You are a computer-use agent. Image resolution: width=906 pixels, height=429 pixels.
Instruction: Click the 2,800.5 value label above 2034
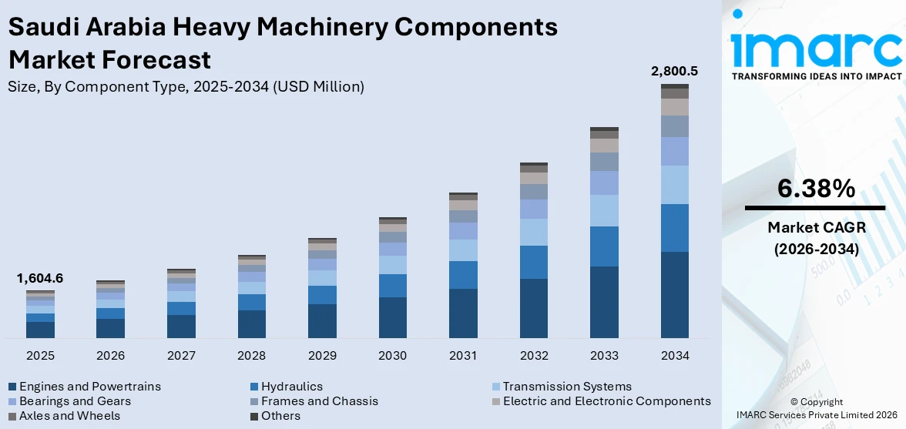(674, 71)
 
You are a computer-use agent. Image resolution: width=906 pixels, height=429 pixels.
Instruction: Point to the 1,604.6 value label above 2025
(40, 278)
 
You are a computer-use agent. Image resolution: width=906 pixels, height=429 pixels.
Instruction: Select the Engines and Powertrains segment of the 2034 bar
(674, 294)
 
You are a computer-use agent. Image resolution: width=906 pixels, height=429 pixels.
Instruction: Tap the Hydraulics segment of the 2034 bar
(674, 227)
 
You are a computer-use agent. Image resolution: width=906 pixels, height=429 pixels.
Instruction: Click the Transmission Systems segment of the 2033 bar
(604, 210)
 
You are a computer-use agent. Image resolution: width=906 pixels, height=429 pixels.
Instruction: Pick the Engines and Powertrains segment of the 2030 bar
(392, 317)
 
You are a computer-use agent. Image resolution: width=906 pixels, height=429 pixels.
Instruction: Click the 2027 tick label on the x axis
(181, 356)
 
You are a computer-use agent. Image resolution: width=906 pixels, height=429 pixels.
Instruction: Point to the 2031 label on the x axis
(463, 356)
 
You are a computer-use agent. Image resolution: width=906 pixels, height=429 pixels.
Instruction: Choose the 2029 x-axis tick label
(322, 356)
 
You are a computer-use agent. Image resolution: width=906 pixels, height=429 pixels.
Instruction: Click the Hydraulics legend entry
(291, 387)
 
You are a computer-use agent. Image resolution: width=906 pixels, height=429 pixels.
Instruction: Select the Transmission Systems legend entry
(566, 387)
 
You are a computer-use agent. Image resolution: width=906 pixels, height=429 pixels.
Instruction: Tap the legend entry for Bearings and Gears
(75, 401)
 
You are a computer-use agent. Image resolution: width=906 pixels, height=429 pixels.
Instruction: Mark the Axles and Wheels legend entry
(69, 416)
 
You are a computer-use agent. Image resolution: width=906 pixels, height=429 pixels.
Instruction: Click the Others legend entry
(280, 416)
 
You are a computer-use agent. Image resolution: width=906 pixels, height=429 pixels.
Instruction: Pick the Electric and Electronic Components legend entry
(606, 401)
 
